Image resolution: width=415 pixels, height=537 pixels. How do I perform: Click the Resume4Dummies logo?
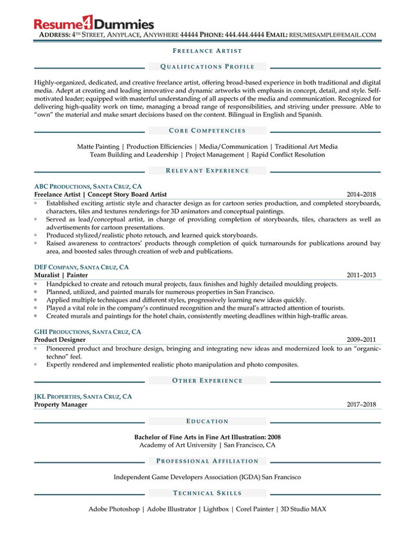pos(94,23)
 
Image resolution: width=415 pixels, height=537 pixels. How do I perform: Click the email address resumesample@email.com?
pos(333,35)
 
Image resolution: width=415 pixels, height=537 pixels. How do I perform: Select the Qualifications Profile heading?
pos(207,67)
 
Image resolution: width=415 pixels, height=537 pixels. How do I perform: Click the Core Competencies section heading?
pos(207,131)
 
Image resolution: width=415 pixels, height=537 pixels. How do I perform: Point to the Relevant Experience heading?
pos(207,170)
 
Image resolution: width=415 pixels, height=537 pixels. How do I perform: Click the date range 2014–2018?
pos(361,195)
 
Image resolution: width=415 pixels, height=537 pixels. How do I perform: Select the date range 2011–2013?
pos(361,275)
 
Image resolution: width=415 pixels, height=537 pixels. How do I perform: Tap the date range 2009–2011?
pos(361,340)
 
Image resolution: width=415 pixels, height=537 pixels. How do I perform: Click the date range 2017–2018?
pos(361,404)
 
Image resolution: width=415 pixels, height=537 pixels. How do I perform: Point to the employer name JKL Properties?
pos(55,396)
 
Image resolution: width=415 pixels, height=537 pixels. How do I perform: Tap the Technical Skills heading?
pos(207,493)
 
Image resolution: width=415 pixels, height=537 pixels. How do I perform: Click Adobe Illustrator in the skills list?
pos(172,509)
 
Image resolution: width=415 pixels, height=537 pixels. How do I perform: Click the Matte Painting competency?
pos(98,147)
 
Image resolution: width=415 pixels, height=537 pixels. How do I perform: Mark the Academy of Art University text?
pos(178,445)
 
